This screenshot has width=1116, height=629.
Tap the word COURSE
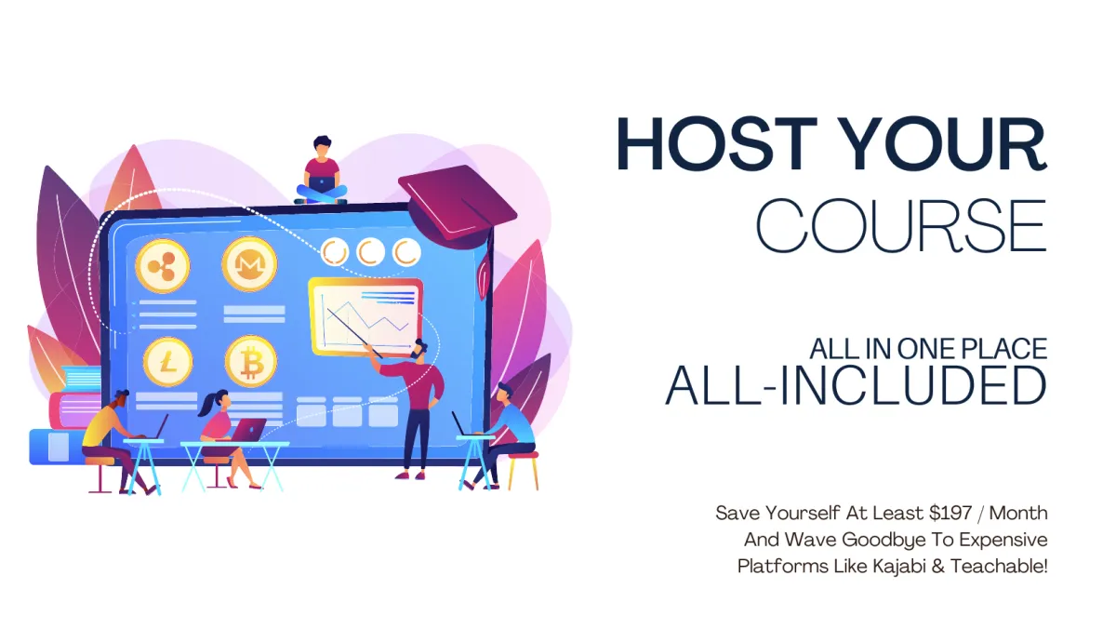coord(901,225)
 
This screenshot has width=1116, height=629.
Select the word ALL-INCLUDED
coord(856,385)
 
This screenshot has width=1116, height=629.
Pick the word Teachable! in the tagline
coord(1000,567)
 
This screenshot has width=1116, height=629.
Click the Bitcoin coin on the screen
coord(250,362)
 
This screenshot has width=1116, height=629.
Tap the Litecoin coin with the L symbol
coord(168,362)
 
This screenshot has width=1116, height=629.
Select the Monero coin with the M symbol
coord(249,263)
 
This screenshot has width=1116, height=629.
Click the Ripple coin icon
coord(163,266)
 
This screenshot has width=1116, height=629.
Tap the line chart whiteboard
coord(365,317)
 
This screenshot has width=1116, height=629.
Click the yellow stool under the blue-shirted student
coord(523,471)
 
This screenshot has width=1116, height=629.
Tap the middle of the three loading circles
coord(371,252)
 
